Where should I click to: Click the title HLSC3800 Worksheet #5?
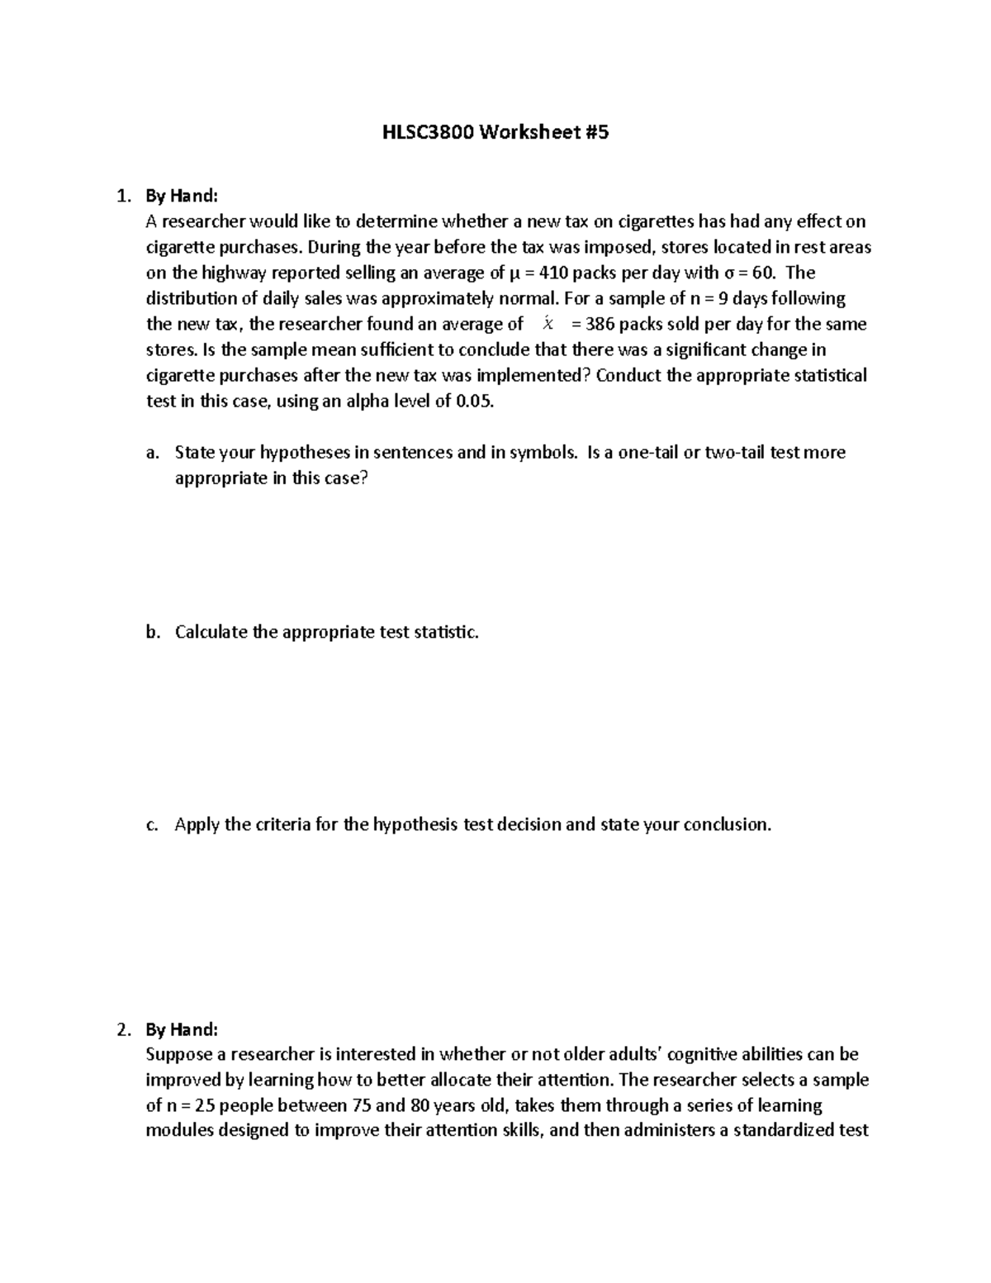(x=495, y=132)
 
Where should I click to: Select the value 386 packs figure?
(x=600, y=324)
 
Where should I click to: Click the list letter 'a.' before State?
(x=151, y=453)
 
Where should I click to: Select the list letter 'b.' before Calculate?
(x=151, y=632)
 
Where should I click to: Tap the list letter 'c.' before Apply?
(x=151, y=824)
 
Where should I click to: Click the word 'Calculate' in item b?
(x=211, y=632)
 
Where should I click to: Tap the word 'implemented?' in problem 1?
(x=539, y=376)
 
